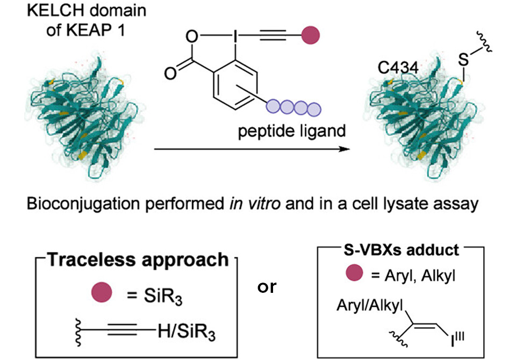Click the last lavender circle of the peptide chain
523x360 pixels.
tap(314, 109)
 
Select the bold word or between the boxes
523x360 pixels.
tap(267, 286)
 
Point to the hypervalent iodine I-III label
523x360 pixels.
tap(457, 337)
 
